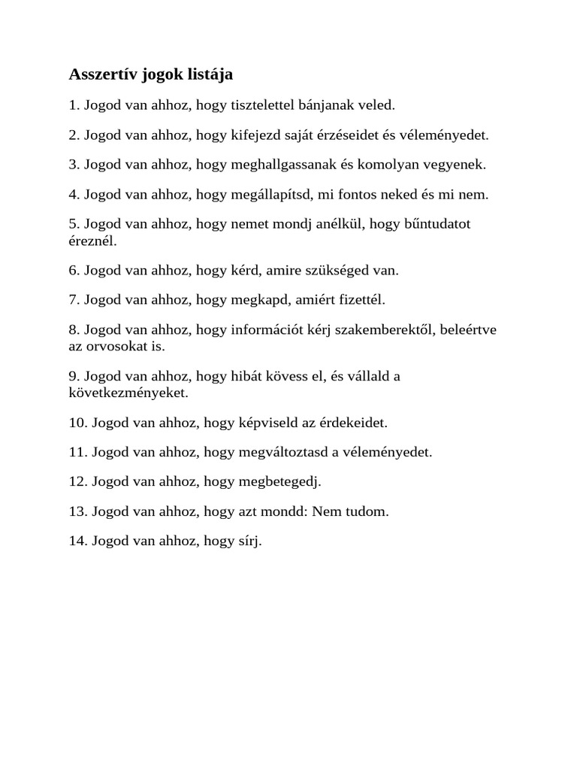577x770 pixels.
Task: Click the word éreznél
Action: (92, 242)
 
